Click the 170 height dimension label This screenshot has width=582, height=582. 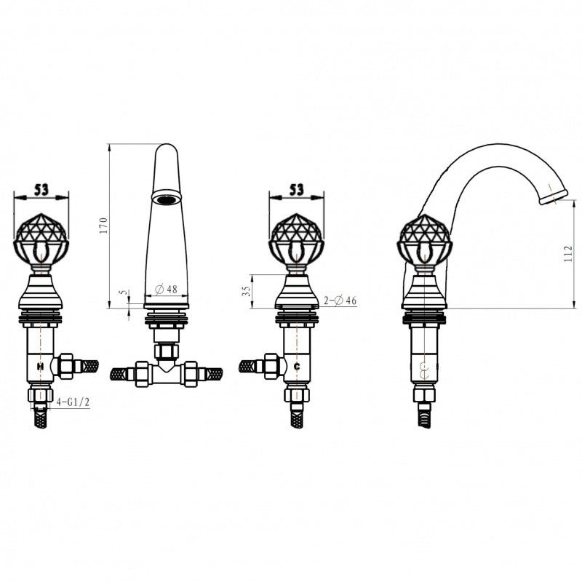tap(103, 226)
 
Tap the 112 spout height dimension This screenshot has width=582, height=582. tap(568, 254)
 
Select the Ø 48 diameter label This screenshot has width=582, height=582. tap(166, 289)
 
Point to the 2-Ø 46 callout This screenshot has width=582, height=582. tap(340, 300)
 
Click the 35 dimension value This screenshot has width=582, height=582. tap(246, 290)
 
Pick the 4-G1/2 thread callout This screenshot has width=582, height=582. tap(73, 402)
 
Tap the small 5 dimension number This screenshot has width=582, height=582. tap(124, 292)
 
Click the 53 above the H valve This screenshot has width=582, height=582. tap(41, 191)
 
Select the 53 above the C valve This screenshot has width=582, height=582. tap(297, 190)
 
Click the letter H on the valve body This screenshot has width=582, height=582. tap(40, 367)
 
